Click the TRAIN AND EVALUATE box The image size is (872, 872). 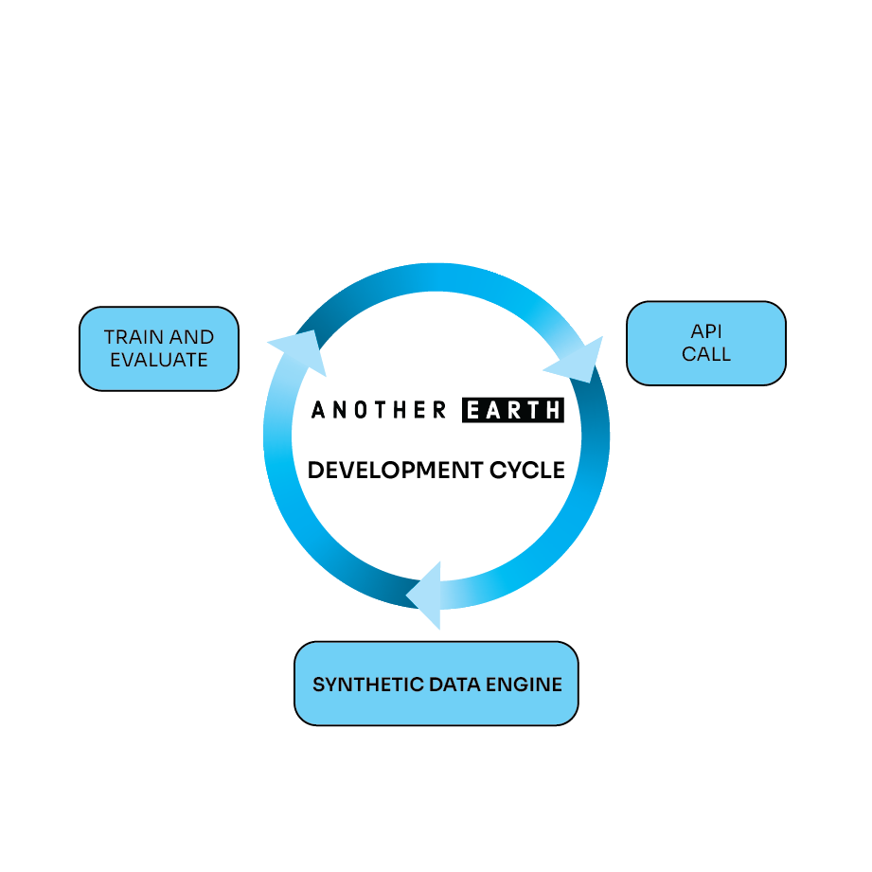[x=159, y=348]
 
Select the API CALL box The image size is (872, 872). [x=706, y=343]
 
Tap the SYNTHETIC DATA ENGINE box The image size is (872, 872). [x=436, y=684]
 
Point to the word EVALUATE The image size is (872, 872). [x=159, y=360]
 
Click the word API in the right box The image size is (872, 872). [x=706, y=332]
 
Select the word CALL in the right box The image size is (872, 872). [x=706, y=355]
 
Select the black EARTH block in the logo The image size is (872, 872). [x=513, y=410]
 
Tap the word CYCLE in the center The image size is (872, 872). [x=527, y=470]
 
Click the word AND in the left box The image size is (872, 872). [x=193, y=337]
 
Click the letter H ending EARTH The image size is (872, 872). [x=553, y=410]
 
